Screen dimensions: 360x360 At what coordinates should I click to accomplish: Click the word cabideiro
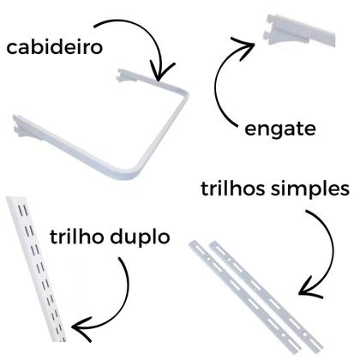click(x=54, y=47)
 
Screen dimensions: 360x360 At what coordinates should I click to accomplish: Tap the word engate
click(x=280, y=129)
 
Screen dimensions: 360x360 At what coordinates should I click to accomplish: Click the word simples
click(x=310, y=189)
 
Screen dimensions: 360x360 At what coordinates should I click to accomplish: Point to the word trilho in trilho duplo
click(x=76, y=237)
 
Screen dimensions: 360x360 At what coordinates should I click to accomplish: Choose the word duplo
click(x=140, y=237)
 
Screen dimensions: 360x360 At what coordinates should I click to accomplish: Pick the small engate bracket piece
click(x=298, y=31)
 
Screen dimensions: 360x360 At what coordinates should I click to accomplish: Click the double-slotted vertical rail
click(x=36, y=268)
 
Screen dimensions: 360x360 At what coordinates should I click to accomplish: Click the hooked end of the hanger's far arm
click(x=123, y=74)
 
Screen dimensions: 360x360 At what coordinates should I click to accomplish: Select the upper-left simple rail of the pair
click(x=245, y=297)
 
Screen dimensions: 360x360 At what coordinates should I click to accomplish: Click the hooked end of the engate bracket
click(x=268, y=27)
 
